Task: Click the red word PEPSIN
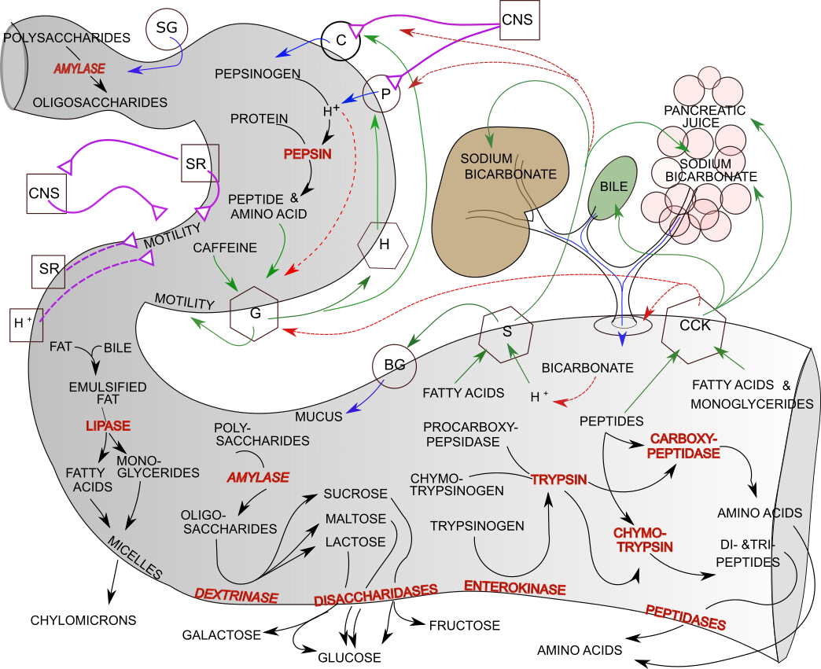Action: (x=307, y=154)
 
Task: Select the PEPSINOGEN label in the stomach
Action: (x=257, y=74)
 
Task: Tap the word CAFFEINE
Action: (x=225, y=248)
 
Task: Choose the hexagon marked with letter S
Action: (x=507, y=333)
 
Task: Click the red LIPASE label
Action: (x=108, y=426)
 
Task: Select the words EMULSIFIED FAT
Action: (x=108, y=394)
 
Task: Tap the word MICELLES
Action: (x=134, y=559)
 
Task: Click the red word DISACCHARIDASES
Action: (x=376, y=596)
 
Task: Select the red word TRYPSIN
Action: (x=559, y=480)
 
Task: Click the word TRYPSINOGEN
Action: (x=477, y=526)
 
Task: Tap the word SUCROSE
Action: (x=355, y=494)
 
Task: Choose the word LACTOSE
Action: (x=355, y=542)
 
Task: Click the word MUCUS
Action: (x=318, y=417)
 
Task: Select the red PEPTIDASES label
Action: (x=686, y=617)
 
